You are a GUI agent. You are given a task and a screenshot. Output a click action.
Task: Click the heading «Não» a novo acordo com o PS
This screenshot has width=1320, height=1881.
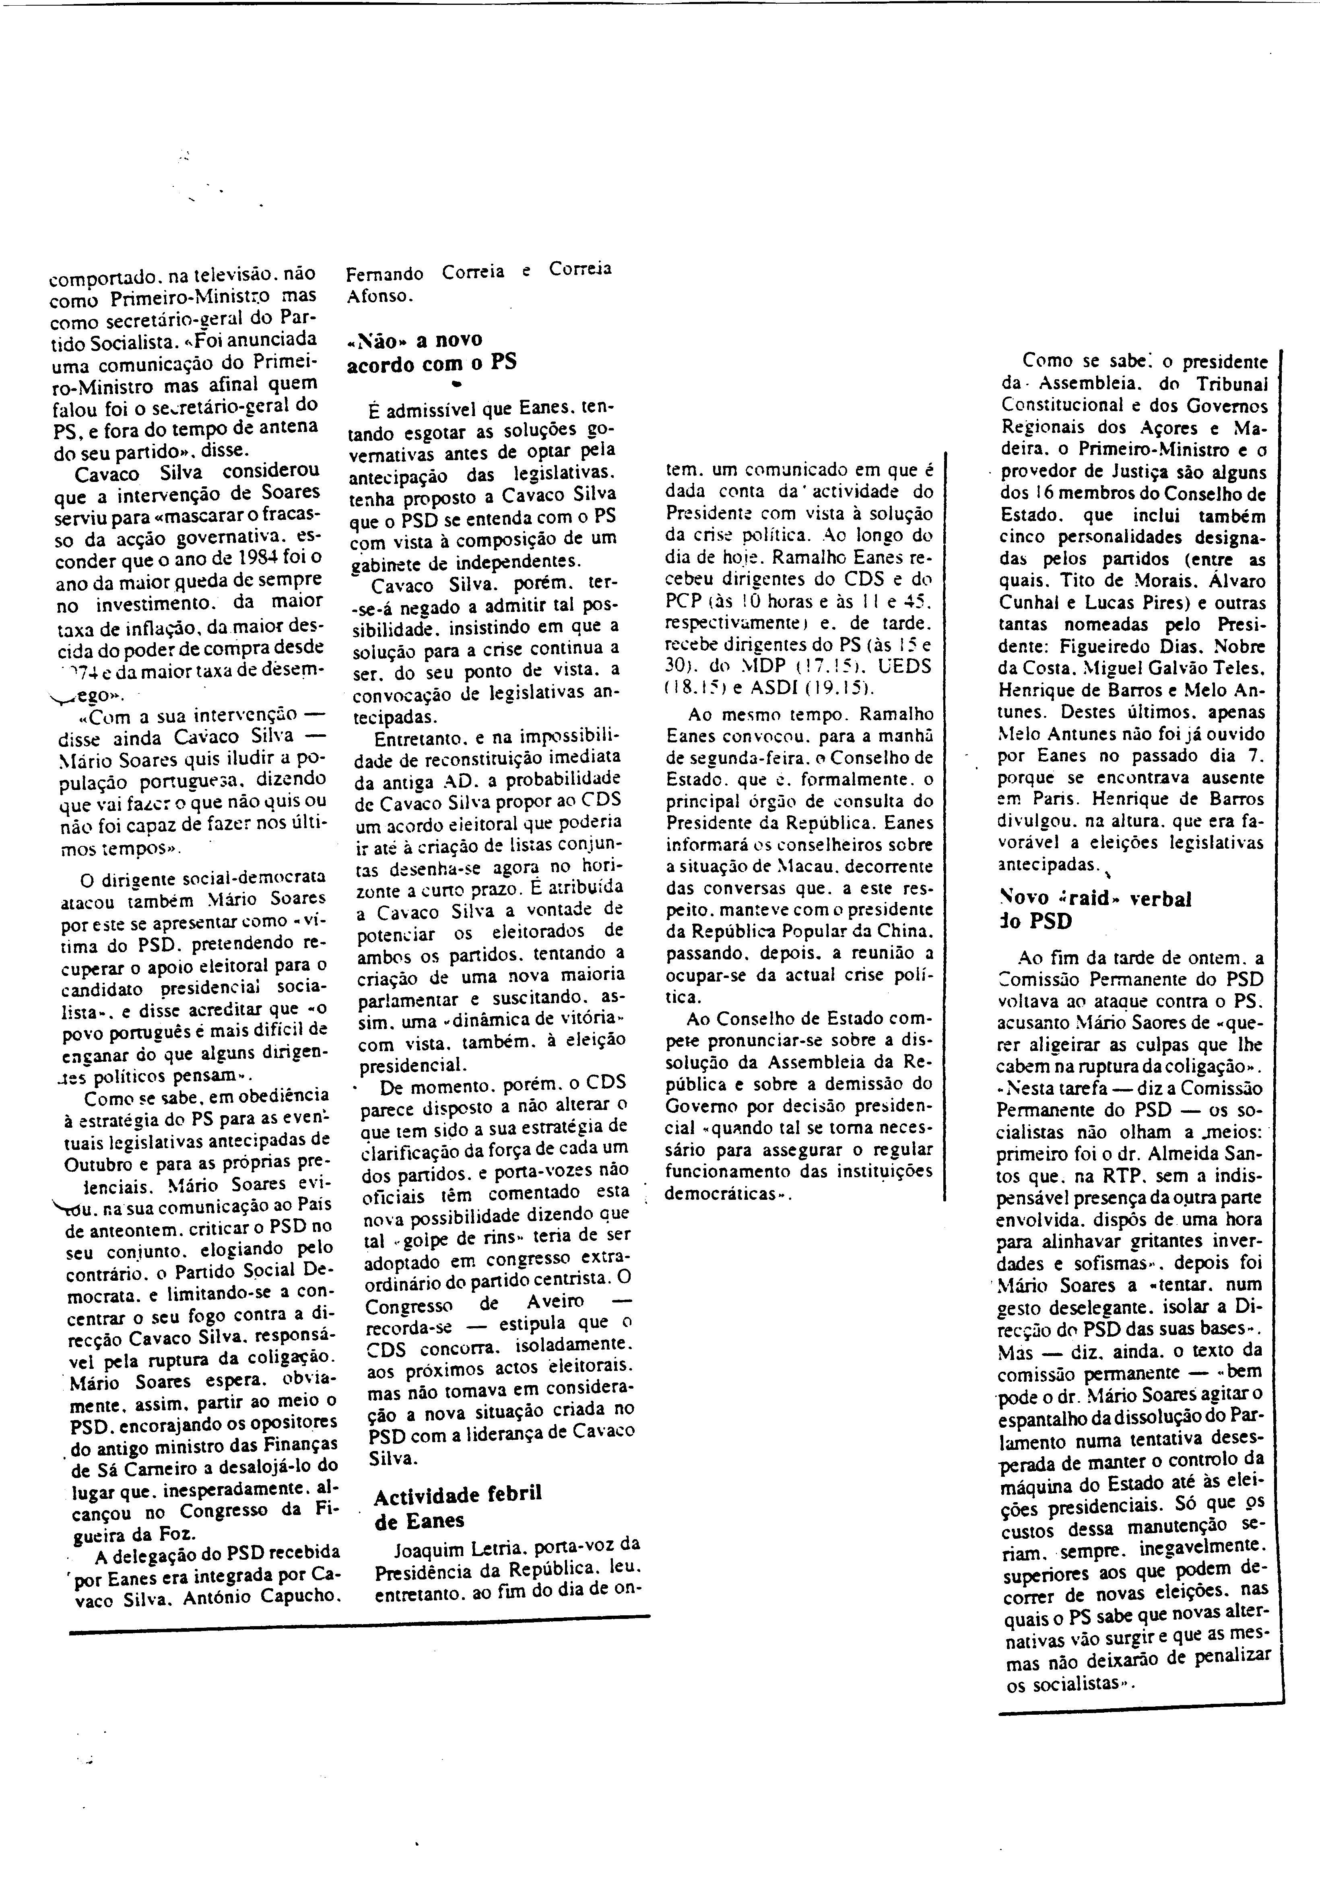[431, 351]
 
